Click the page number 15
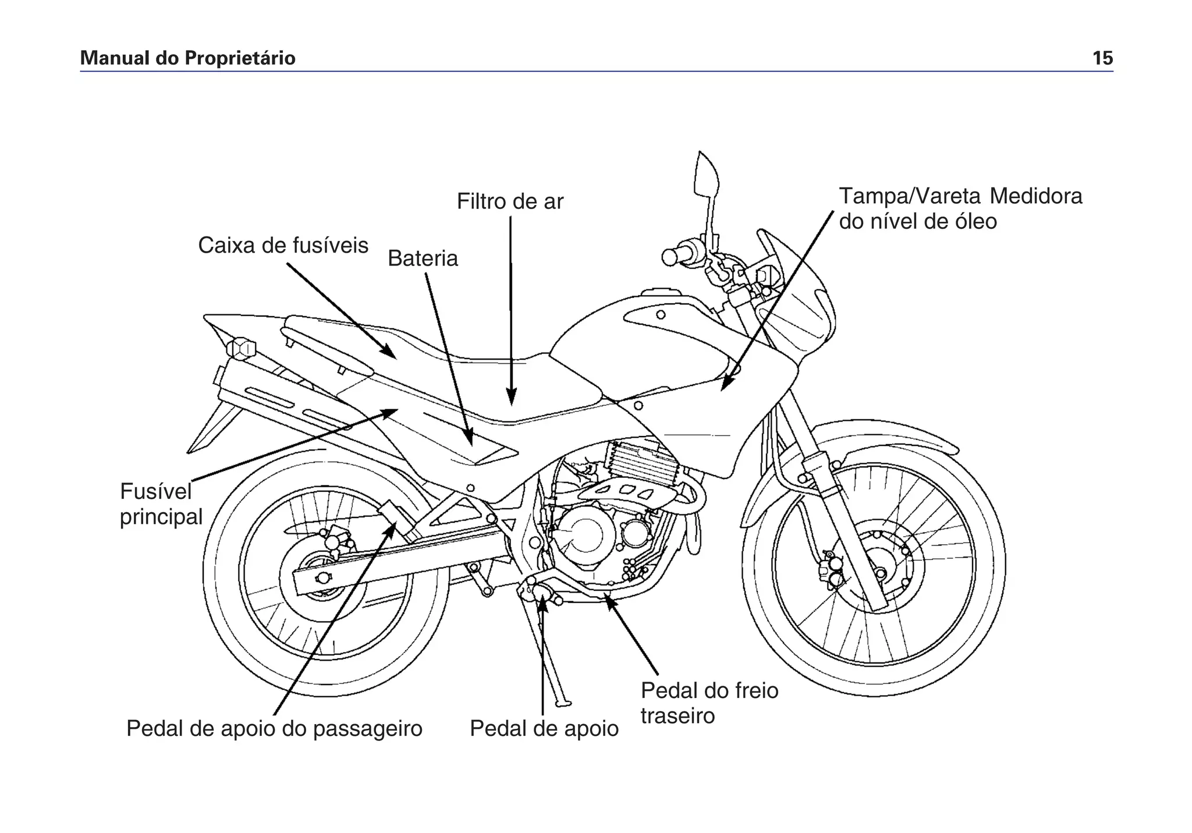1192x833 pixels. click(x=1102, y=58)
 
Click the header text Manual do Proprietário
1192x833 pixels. click(x=187, y=58)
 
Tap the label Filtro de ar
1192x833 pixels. click(x=510, y=201)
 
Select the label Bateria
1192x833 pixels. click(x=423, y=258)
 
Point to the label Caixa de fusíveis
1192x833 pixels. click(x=283, y=246)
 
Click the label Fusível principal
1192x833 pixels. click(x=160, y=504)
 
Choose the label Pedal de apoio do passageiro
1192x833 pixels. click(x=274, y=728)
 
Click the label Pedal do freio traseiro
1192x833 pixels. click(x=709, y=703)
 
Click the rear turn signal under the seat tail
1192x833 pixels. click(x=242, y=349)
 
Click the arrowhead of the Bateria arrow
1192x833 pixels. click(x=469, y=439)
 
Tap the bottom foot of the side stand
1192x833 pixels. click(x=562, y=703)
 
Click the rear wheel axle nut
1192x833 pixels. click(x=320, y=577)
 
